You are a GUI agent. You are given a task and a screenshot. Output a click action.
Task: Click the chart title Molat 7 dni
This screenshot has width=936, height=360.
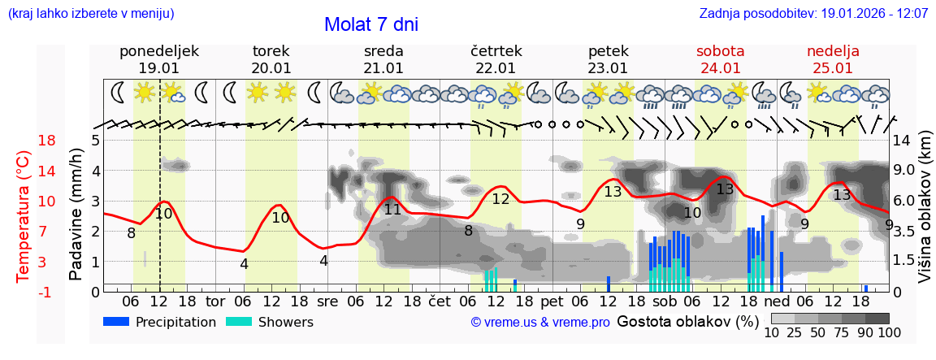[371, 24]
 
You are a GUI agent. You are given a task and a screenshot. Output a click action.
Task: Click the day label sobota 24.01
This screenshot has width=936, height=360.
[720, 59]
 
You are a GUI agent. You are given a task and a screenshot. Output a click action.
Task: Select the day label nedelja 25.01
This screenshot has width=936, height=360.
[833, 59]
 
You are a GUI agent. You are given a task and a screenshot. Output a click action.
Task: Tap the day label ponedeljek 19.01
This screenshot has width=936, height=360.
[158, 59]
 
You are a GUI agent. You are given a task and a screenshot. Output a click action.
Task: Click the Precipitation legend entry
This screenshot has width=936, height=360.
[159, 322]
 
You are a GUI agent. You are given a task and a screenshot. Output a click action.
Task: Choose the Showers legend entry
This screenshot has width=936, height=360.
[269, 322]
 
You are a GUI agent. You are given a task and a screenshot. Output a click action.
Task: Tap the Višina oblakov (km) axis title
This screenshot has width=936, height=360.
[924, 215]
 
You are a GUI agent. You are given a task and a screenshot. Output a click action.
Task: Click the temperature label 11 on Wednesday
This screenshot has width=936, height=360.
[392, 210]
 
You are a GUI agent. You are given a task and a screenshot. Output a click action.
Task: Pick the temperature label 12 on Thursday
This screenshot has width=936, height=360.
[500, 199]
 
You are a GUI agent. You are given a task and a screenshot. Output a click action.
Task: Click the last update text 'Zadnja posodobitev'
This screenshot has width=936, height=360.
[813, 14]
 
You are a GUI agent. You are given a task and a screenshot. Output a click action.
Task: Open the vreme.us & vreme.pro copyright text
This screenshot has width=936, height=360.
[539, 322]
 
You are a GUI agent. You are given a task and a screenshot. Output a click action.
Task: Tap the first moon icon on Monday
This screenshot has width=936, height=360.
[119, 92]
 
